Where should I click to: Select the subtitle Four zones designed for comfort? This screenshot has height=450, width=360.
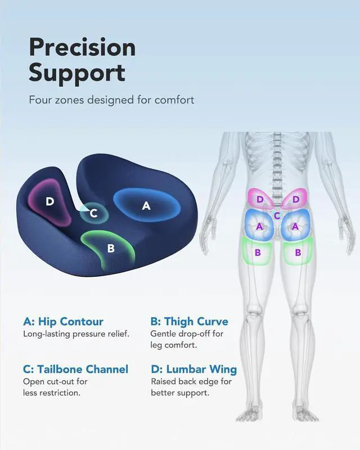coord(111,100)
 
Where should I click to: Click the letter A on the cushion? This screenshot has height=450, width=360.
coord(146,206)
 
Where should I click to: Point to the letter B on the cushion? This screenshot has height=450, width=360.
coord(111,247)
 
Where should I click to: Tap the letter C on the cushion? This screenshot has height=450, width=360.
coord(94,213)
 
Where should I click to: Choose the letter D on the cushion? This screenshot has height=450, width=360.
coord(50,201)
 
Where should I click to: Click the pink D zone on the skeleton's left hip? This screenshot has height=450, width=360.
coord(260,199)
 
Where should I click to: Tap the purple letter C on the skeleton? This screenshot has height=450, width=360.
coord(277,215)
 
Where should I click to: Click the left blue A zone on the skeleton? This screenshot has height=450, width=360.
coord(259,226)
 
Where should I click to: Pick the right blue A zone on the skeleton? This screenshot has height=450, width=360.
coord(295,226)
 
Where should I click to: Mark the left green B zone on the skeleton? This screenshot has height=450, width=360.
coord(258,252)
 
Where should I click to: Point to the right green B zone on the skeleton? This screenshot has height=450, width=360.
coord(298,252)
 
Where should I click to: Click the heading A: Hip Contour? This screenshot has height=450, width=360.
coord(63,322)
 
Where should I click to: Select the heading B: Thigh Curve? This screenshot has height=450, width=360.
coord(190,322)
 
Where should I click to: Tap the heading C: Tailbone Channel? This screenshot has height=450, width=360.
coord(75,370)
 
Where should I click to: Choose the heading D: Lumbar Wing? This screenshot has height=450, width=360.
coord(193,370)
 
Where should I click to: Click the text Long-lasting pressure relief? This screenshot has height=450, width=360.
coord(76,334)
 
